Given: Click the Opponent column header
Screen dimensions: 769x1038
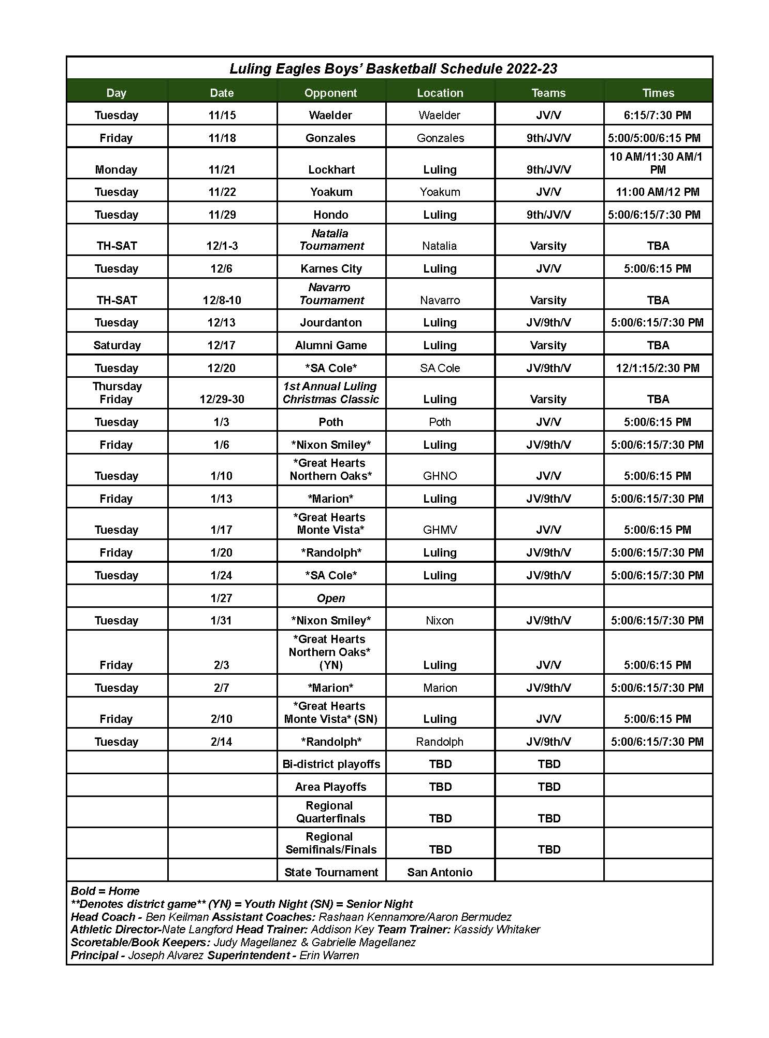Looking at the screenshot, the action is pos(330,93).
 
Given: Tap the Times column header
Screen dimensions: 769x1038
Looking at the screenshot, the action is pos(658,93).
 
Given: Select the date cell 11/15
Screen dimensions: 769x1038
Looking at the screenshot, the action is pos(222,115).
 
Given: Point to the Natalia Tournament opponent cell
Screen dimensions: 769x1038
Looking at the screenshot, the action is pos(331,239).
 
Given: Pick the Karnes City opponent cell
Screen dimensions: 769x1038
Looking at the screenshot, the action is pos(331,268).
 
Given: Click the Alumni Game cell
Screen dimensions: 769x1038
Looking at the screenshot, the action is pos(331,345).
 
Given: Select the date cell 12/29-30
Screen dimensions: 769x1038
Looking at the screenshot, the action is pos(222,399).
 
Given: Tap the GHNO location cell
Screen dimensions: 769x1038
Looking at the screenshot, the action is pos(440,476).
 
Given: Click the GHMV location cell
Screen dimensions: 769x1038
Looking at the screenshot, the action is pos(440,530).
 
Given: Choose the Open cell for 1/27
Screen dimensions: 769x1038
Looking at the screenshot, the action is pos(331,598).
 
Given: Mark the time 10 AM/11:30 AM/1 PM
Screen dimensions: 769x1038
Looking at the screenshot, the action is pos(657,163).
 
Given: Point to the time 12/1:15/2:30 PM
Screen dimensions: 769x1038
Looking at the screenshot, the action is pos(657,368).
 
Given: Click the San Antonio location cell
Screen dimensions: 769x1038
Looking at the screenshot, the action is pos(440,872).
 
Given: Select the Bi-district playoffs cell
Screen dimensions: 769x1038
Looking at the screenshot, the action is pos(331,764).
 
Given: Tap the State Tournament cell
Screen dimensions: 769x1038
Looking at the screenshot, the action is pos(331,872).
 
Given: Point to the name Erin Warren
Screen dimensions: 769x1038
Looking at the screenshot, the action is pos(329,955).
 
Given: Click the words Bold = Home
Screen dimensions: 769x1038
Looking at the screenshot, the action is pos(105,891).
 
